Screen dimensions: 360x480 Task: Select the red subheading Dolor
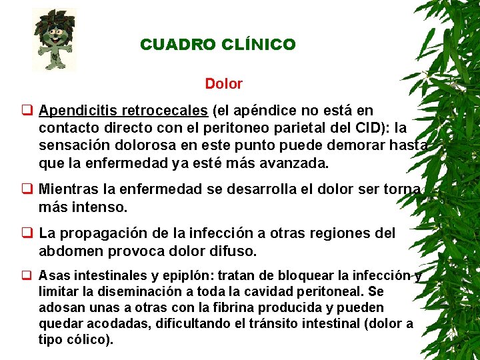click(x=224, y=85)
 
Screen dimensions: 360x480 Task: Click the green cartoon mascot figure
click(x=55, y=39)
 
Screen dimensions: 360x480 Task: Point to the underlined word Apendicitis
click(x=81, y=111)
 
